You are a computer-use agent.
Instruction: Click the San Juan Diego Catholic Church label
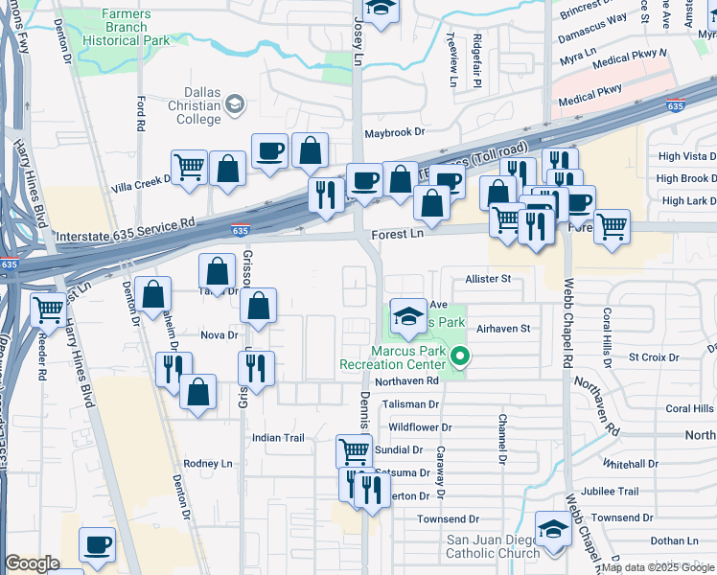(494, 546)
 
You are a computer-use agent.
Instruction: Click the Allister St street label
(488, 278)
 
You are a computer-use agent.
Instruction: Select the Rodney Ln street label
(208, 463)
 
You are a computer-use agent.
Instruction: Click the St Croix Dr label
(654, 357)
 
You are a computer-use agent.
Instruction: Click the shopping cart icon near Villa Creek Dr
(190, 166)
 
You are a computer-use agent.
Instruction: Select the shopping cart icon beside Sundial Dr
(354, 449)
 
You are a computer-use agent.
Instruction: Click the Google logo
(33, 563)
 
